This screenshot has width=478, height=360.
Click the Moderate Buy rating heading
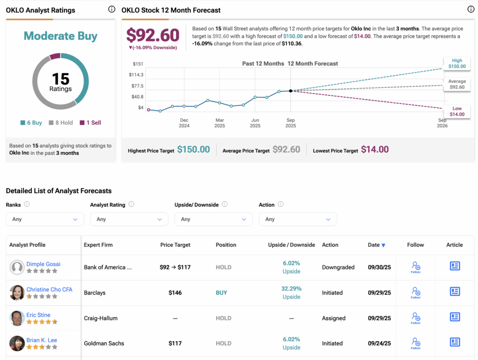(61, 36)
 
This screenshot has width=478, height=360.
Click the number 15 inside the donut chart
(61, 78)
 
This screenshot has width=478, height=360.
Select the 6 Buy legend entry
(31, 123)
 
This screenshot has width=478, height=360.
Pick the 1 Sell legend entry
(90, 123)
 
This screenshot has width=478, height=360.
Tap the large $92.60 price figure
(153, 35)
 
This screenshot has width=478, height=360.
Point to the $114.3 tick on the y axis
(137, 75)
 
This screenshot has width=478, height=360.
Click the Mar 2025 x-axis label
(219, 123)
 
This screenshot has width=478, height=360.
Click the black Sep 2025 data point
(291, 91)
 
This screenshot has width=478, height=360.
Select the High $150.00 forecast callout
(457, 63)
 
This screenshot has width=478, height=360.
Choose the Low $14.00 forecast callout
(457, 111)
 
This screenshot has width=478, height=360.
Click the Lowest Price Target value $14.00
(375, 150)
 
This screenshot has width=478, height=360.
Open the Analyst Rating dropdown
(129, 219)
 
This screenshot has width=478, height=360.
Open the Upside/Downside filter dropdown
(213, 219)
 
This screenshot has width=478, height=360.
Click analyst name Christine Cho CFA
(49, 290)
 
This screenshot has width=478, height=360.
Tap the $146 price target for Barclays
(175, 293)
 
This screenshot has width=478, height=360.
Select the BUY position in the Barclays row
(221, 293)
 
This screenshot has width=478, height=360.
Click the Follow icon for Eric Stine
(416, 318)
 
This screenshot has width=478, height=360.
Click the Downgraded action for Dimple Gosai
(338, 267)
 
